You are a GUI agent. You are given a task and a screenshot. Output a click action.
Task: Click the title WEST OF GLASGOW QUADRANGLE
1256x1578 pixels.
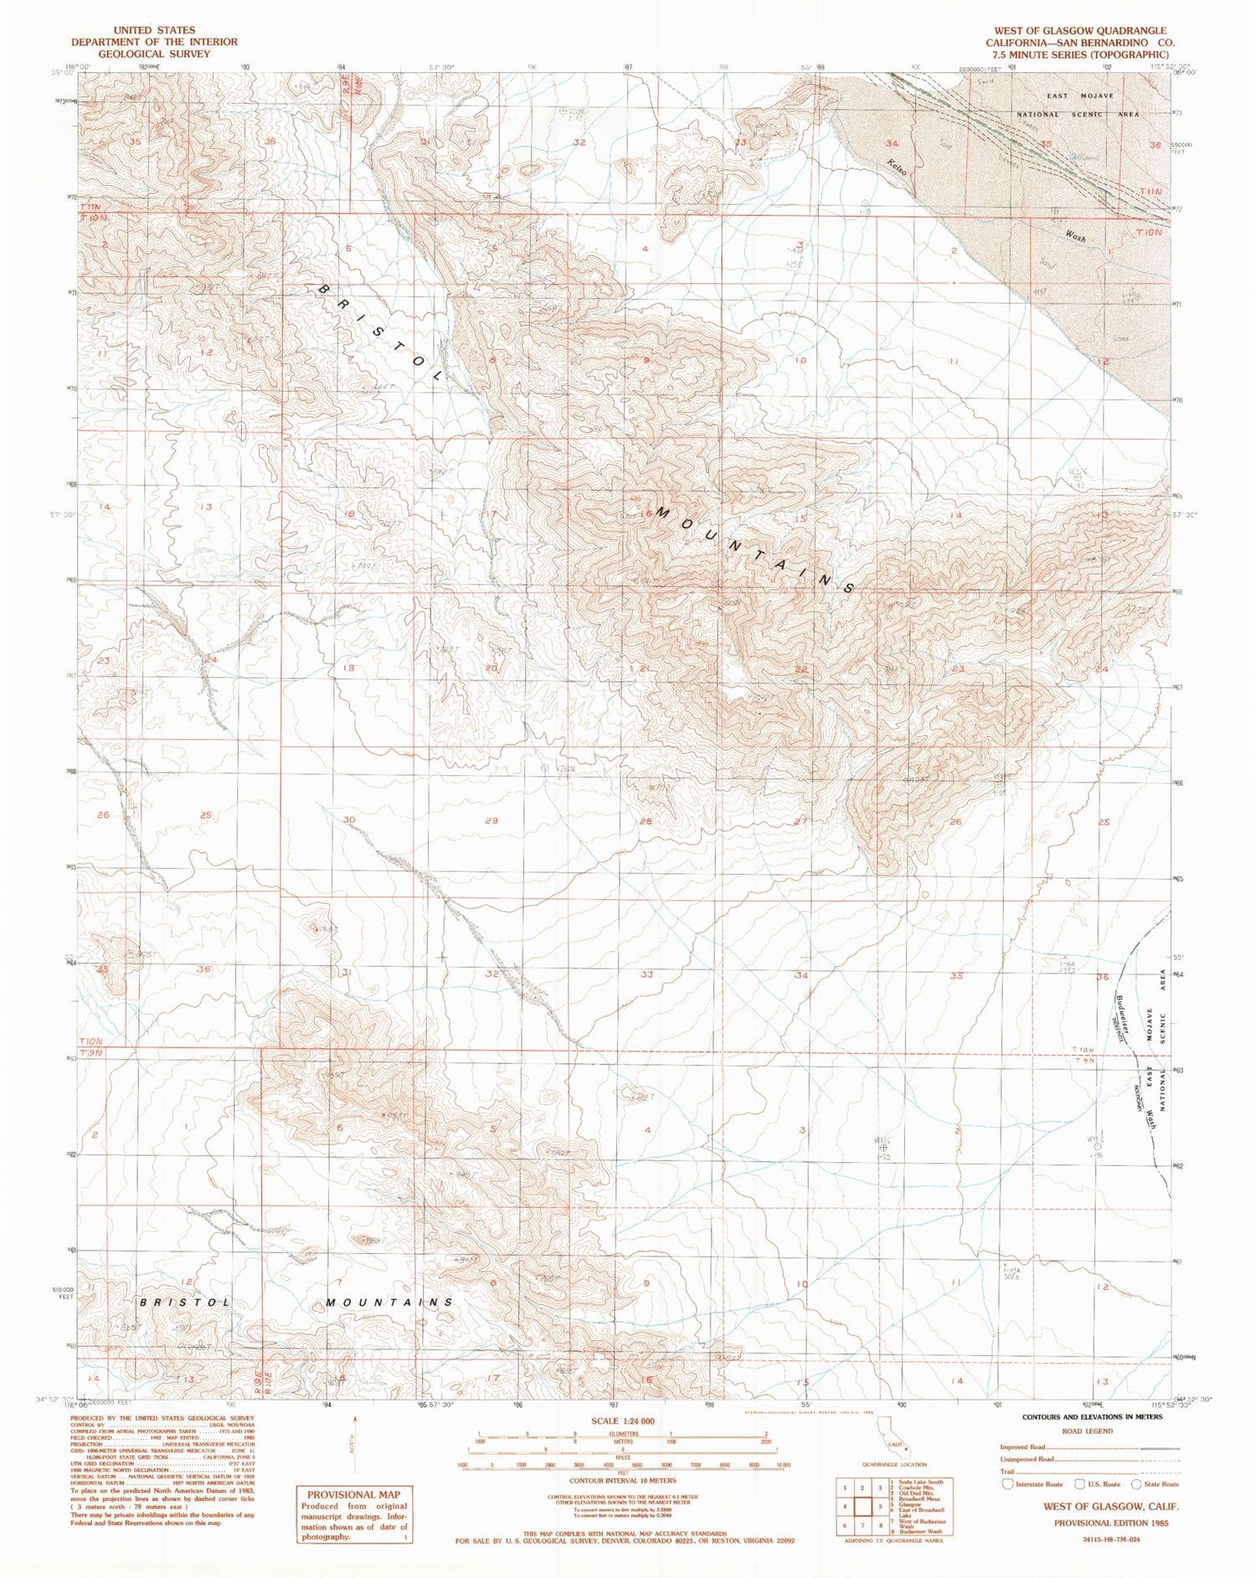(1080, 30)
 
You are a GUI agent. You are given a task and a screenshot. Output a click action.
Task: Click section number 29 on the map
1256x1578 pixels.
(492, 820)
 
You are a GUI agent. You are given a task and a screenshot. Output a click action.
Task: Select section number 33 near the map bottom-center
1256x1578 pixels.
(646, 974)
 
